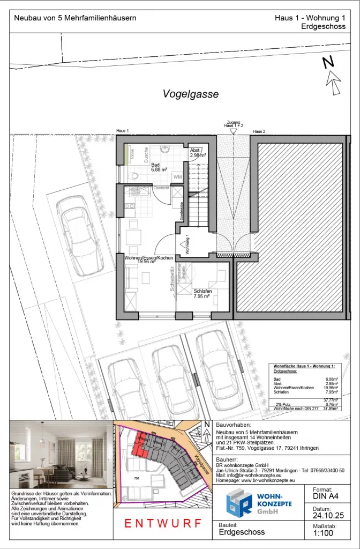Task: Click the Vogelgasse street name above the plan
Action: click(191, 94)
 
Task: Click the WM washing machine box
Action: click(177, 176)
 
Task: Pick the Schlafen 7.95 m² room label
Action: click(202, 293)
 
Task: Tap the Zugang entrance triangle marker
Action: click(232, 131)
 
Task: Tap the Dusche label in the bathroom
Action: click(145, 155)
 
